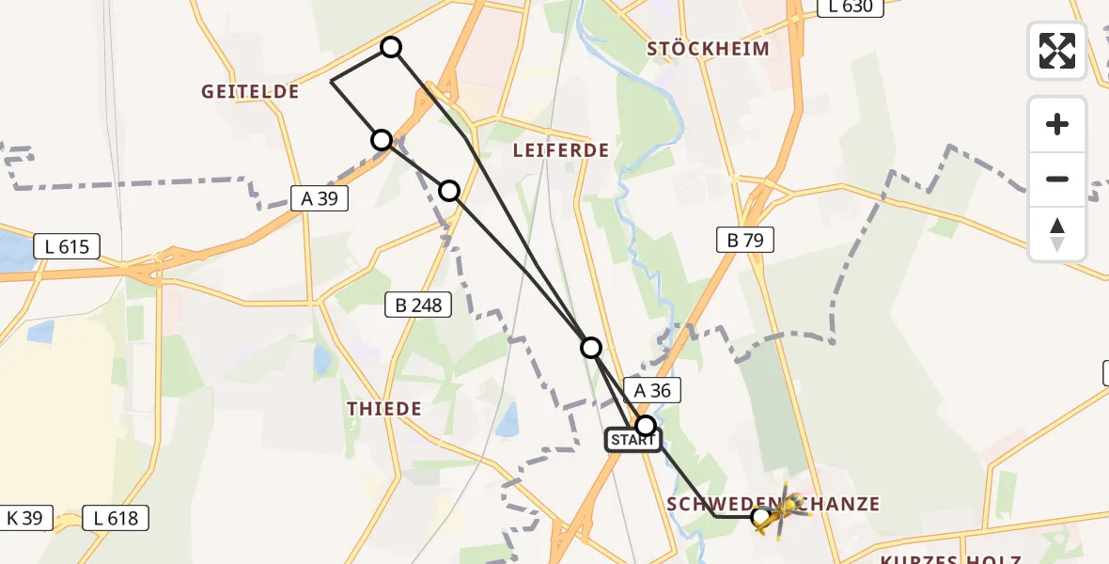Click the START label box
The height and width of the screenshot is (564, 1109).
pyautogui.click(x=632, y=440)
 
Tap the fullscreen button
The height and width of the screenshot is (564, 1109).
pyautogui.click(x=1057, y=51)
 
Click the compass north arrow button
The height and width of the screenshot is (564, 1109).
pyautogui.click(x=1057, y=234)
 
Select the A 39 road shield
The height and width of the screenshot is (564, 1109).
pyautogui.click(x=320, y=198)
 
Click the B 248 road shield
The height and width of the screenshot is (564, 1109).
pyautogui.click(x=419, y=304)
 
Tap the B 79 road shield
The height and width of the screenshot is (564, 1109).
pyautogui.click(x=745, y=240)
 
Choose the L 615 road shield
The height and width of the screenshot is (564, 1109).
pyautogui.click(x=67, y=247)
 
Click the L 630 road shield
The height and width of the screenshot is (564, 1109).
pyautogui.click(x=851, y=8)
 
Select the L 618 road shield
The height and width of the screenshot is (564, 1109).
pyautogui.click(x=116, y=517)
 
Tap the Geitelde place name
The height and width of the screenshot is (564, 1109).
pyautogui.click(x=250, y=92)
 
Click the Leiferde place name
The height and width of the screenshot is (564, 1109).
pyautogui.click(x=561, y=150)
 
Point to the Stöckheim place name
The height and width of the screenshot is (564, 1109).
pyautogui.click(x=709, y=49)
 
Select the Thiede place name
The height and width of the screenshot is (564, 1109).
pyautogui.click(x=384, y=409)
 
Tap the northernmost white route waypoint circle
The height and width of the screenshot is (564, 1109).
pyautogui.click(x=390, y=47)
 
